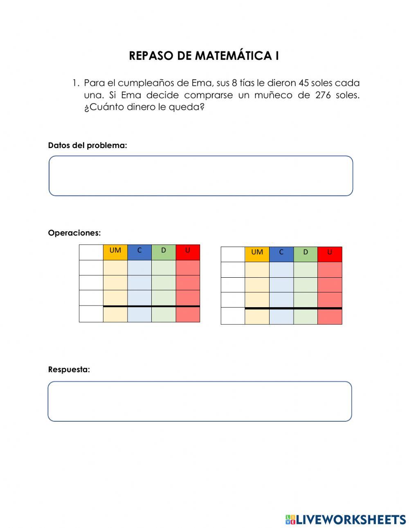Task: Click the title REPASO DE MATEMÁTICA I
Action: click(x=204, y=56)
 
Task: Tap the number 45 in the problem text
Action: click(x=303, y=83)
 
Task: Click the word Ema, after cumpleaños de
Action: click(x=202, y=83)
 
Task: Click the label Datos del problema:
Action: click(x=88, y=145)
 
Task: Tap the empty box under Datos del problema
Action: click(x=201, y=175)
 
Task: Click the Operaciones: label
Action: click(x=74, y=233)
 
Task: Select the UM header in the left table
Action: click(x=115, y=250)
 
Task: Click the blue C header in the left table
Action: click(x=139, y=250)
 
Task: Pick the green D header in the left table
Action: click(x=164, y=250)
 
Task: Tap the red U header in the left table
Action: click(x=188, y=250)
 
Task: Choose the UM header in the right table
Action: click(x=257, y=252)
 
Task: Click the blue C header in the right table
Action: click(x=281, y=252)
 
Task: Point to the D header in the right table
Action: click(x=306, y=252)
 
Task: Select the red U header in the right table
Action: click(x=330, y=252)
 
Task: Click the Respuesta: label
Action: click(x=69, y=369)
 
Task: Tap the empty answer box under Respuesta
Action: click(x=200, y=401)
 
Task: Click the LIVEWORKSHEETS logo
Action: click(x=346, y=519)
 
